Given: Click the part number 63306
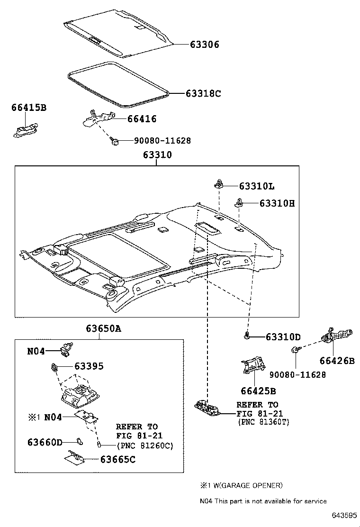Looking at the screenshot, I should click(x=205, y=45).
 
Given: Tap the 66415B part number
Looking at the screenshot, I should click(x=29, y=108).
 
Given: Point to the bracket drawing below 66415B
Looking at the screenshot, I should click(x=25, y=130).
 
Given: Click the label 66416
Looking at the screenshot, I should click(x=141, y=119).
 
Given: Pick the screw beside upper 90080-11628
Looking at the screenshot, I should click(x=114, y=141).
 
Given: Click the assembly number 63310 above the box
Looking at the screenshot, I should click(x=157, y=155).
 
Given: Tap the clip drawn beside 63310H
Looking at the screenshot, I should click(x=239, y=203).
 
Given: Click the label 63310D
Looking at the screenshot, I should click(x=283, y=337).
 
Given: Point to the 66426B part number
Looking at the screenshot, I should click(x=337, y=361).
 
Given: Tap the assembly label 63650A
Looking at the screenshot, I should click(x=103, y=328).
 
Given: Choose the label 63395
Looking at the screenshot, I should click(x=89, y=366).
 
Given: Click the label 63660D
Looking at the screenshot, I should click(x=45, y=442).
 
